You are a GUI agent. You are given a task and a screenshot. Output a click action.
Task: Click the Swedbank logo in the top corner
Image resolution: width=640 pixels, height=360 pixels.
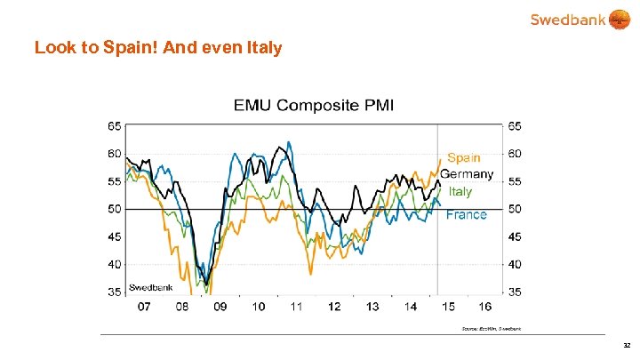coord(578,20)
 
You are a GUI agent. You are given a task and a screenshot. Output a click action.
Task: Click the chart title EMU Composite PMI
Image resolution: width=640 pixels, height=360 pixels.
coord(314,105)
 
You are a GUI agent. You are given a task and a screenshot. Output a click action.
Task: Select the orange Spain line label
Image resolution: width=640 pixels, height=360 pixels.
coord(464,158)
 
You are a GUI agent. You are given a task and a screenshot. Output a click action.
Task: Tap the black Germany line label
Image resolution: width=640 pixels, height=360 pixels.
coord(466,174)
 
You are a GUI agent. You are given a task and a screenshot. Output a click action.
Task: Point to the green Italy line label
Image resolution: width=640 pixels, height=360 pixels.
coord(460,191)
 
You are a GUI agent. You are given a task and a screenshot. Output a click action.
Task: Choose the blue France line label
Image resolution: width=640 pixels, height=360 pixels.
coord(466,214)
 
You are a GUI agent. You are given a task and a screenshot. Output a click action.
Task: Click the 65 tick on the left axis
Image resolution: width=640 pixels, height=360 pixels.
coord(114,126)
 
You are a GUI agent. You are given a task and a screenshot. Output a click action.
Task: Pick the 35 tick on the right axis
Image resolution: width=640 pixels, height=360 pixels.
coord(515,292)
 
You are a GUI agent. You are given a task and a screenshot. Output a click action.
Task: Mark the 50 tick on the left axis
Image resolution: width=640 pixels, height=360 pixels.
coord(114,209)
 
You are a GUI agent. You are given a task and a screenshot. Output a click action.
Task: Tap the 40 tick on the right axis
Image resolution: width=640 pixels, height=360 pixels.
coord(515,264)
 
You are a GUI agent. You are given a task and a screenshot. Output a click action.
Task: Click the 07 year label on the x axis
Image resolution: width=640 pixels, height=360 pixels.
coord(143,307)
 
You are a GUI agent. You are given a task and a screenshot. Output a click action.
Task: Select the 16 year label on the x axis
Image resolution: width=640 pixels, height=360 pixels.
coord(485,307)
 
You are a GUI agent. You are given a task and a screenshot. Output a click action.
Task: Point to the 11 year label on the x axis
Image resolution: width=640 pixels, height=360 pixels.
coord(297,307)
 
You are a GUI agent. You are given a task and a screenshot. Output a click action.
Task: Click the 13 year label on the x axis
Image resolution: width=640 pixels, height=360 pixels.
coord(372,307)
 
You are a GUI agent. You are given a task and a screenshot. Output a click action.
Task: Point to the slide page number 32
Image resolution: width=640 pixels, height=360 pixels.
coord(627,346)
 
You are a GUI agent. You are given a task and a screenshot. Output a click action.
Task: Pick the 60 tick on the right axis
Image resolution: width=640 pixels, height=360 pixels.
coord(515,154)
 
